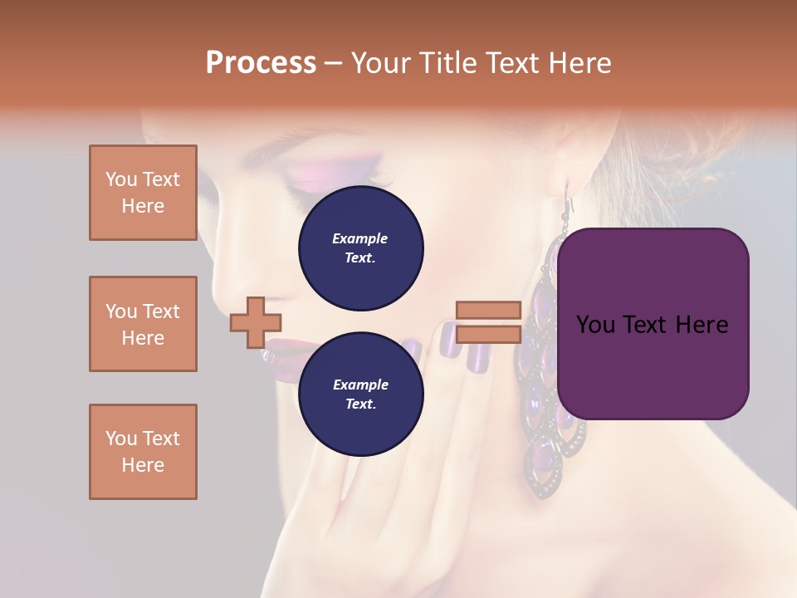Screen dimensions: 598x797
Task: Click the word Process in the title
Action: point(261,63)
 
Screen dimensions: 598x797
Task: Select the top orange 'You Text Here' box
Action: point(143,193)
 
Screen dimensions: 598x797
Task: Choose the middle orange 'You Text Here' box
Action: point(143,324)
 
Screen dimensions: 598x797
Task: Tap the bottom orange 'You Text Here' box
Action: point(143,452)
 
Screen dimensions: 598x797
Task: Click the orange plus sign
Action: point(256,322)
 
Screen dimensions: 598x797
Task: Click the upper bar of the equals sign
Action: point(488,310)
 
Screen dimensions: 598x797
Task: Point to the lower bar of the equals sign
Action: point(488,334)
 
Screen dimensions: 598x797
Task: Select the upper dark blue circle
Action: point(361,248)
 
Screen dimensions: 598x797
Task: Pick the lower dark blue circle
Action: point(361,394)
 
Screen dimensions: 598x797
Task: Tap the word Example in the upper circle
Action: point(360,238)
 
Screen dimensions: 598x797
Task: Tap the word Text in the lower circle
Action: point(360,404)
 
